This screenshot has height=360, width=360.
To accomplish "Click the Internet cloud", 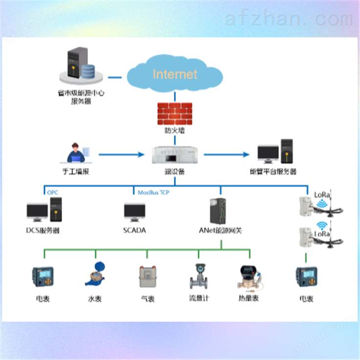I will pos(175,74).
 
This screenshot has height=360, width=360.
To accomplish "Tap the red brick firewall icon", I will pos(175,114).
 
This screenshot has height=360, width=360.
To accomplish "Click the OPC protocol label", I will pos(52,192).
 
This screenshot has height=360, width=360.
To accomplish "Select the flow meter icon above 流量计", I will pos(199,276).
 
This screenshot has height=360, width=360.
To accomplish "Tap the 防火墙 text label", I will pos(174,131).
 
